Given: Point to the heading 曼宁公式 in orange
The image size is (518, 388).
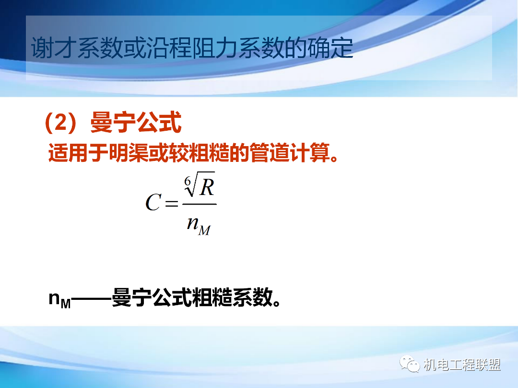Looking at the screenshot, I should (136, 124).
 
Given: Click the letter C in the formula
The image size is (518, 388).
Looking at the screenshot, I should (153, 203).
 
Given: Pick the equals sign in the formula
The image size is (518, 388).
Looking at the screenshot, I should (171, 204).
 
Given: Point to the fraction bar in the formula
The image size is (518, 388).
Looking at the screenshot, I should (199, 205).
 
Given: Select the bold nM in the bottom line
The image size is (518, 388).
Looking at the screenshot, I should (59, 299).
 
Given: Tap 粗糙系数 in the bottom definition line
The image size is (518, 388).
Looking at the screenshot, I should (233, 298).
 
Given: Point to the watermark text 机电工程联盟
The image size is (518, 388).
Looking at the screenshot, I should (462, 365).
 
